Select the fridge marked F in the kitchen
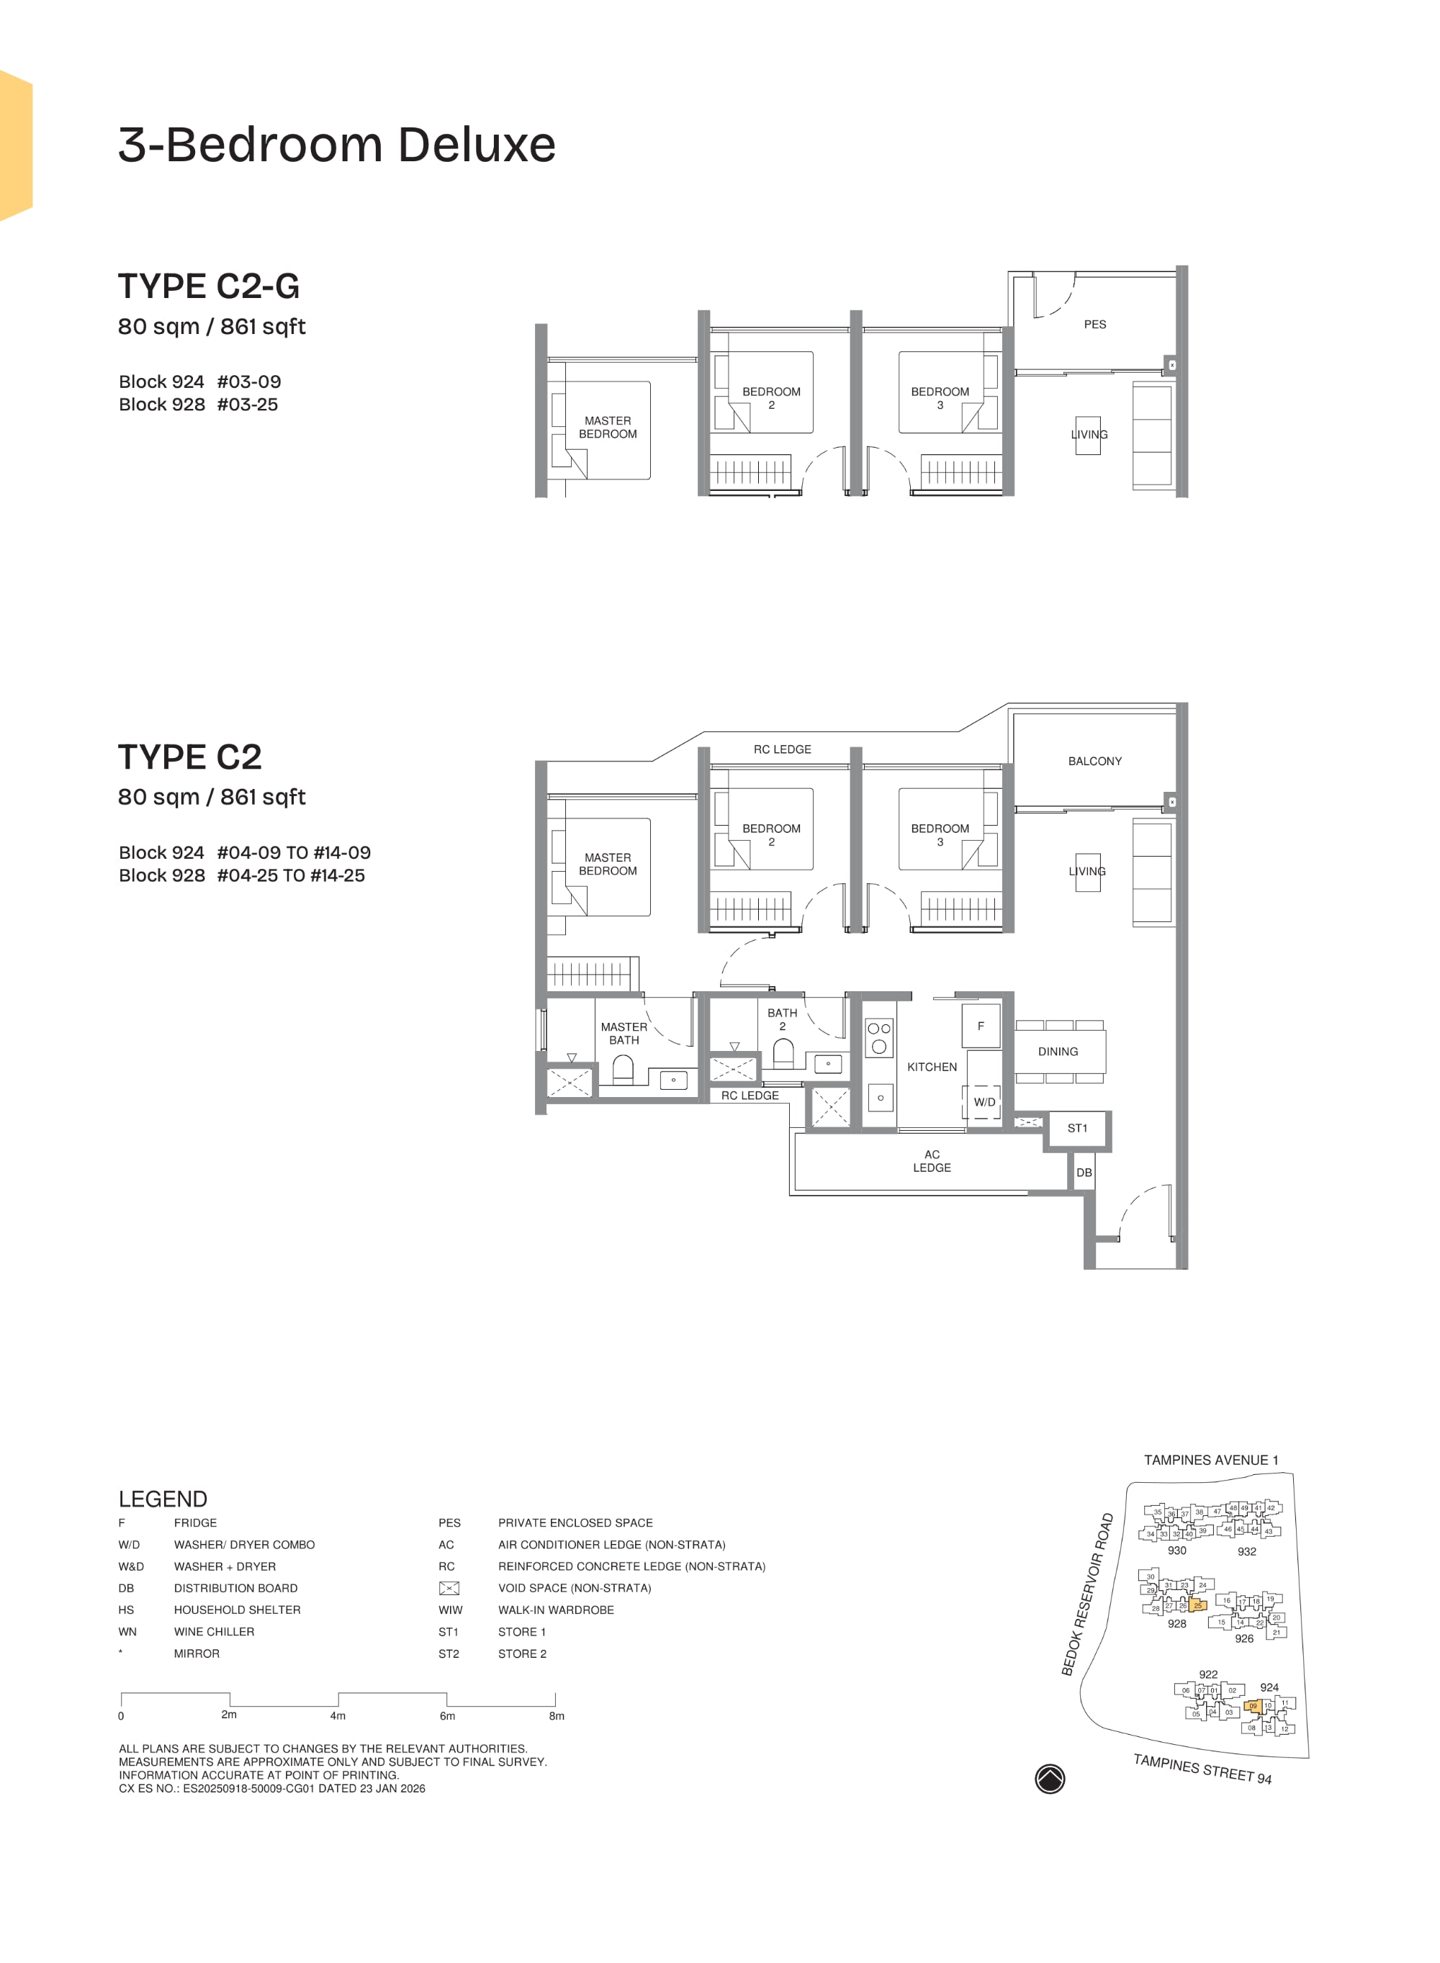coord(980,1026)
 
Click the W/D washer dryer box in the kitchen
coord(984,1102)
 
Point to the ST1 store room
coord(1077,1128)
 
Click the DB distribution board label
coord(1084,1173)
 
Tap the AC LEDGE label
coord(931,1160)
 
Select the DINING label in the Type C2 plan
coord(1058,1052)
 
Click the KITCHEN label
coord(931,1067)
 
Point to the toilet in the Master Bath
coord(622,1068)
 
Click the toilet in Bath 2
coord(783,1053)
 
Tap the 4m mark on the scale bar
coord(338,1715)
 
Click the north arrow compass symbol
coord(1050,1779)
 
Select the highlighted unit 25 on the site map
coord(1197,1605)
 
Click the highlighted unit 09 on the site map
coord(1253,1706)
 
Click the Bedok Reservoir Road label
coord(1087,1594)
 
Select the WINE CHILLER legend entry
coord(214,1632)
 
